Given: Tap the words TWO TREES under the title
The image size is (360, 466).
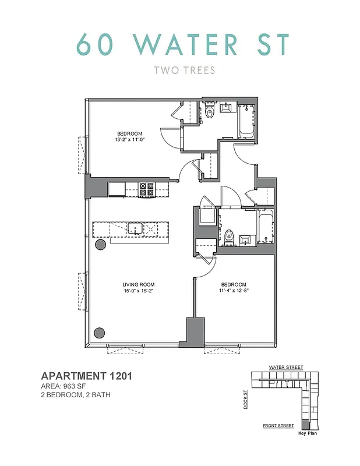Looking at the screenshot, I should point(184,70).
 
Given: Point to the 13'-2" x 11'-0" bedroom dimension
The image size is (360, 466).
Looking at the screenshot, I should point(129,140).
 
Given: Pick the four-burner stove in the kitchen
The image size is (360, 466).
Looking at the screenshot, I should point(146,189).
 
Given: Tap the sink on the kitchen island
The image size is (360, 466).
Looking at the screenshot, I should point(136,228).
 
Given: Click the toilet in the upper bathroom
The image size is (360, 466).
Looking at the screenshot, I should point(211,111).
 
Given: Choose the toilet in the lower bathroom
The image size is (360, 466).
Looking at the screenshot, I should point(229,237).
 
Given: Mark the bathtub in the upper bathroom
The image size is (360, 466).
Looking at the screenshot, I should point(245,121).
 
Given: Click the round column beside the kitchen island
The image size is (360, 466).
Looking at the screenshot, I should point(100,245).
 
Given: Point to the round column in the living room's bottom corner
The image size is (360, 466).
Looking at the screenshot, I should point(100,333).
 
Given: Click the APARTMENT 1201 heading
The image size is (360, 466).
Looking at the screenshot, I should point(86,376).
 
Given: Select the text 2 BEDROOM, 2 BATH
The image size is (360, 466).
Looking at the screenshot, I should point(75,395).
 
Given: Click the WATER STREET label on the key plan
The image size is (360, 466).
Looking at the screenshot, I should point(285,368).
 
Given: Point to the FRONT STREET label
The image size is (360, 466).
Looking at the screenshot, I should point(278,426).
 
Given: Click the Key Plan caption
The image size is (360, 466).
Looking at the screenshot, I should point(307,433).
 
